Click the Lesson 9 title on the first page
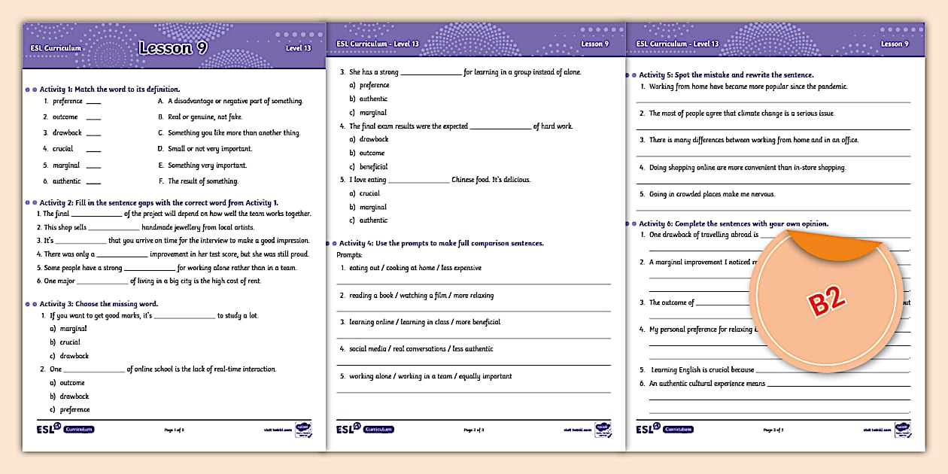click(173, 48)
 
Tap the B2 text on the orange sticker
click(827, 302)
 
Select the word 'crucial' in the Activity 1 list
click(62, 149)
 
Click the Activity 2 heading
click(159, 202)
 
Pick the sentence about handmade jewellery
click(149, 227)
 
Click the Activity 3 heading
click(99, 304)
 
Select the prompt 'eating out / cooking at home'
click(411, 268)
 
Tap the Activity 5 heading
click(726, 75)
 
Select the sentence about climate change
click(741, 114)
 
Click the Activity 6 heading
click(733, 223)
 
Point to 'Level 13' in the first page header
click(298, 48)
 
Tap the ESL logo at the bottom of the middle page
click(349, 429)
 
